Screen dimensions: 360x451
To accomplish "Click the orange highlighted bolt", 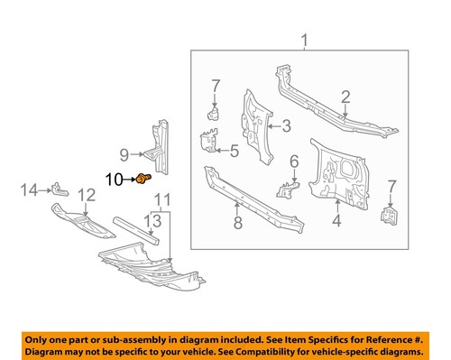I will pyautogui.click(x=143, y=180).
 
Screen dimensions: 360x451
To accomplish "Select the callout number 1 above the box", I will pyautogui.click(x=304, y=39).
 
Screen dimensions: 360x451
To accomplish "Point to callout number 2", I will pyautogui.click(x=345, y=97).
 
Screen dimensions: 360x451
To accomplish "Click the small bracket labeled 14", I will pyautogui.click(x=60, y=189).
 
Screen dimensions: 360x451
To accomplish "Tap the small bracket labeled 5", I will pyautogui.click(x=207, y=143).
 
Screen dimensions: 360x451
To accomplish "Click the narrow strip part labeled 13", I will pyautogui.click(x=135, y=230).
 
